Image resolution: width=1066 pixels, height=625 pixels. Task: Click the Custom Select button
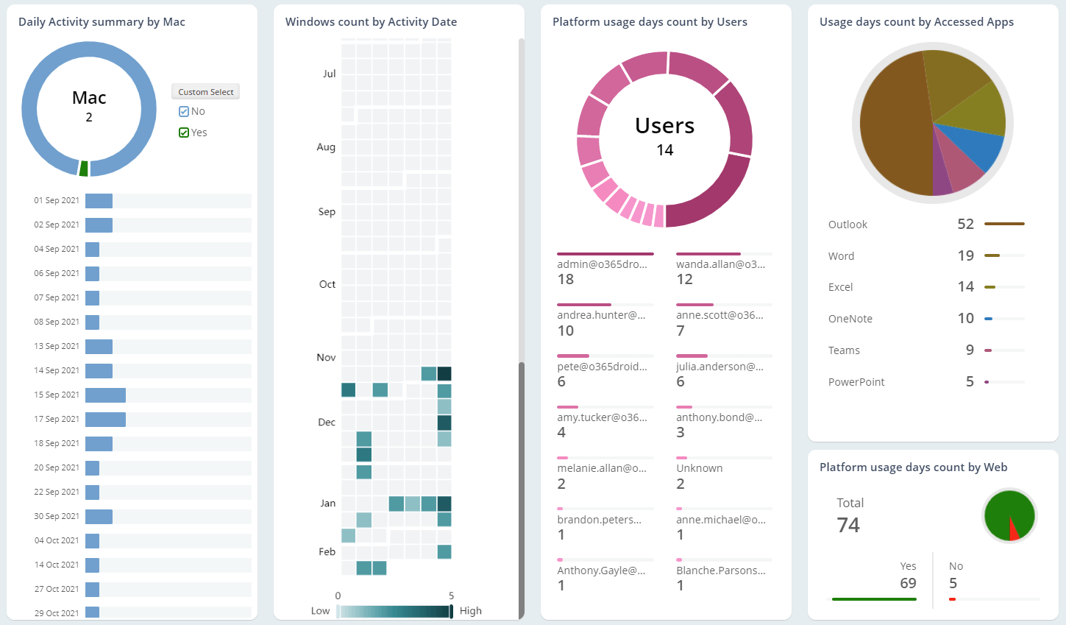205,92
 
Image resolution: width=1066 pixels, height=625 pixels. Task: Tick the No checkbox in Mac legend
184,112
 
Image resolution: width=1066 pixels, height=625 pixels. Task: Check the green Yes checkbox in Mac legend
184,133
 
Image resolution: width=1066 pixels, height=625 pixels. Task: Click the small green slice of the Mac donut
84,169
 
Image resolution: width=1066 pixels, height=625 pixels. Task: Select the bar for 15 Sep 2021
105,395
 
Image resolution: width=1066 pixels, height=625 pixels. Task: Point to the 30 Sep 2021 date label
57,516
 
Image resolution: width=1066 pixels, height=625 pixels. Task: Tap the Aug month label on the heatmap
326,147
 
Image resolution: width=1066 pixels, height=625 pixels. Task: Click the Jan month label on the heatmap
327,504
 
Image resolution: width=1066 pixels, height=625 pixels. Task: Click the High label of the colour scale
470,611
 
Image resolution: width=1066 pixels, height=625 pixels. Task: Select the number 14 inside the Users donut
664,150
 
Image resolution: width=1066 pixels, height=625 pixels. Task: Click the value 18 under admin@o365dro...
566,280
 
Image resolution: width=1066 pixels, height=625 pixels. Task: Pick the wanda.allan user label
720,264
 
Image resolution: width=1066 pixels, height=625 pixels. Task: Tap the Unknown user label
699,468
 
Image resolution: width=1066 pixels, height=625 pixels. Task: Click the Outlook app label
848,225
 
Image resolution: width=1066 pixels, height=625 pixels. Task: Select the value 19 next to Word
965,255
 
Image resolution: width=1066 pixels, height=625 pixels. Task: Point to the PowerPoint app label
856,382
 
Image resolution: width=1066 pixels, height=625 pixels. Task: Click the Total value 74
848,525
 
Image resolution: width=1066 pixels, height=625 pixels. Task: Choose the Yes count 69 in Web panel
908,583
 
